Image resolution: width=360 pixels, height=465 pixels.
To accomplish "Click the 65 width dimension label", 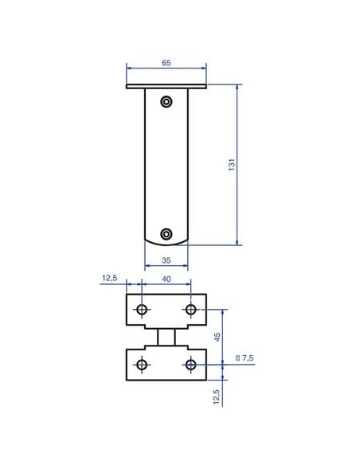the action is click(x=166, y=63).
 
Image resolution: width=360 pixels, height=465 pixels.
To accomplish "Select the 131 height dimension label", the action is click(x=232, y=165).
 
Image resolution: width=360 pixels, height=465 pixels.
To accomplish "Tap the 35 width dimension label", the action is click(x=166, y=260).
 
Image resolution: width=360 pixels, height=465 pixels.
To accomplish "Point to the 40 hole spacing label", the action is click(x=166, y=279).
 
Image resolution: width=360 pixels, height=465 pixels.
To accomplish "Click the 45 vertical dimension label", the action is click(x=217, y=337).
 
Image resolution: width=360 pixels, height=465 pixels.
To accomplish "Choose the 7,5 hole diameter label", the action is click(x=245, y=358).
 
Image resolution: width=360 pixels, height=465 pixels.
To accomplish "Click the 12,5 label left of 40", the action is click(x=110, y=278).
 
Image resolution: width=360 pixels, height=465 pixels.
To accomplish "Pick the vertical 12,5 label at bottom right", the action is click(x=217, y=397).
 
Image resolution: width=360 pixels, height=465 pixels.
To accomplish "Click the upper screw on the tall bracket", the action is click(x=166, y=102).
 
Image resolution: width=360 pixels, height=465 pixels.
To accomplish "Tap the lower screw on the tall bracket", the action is click(x=166, y=234).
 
